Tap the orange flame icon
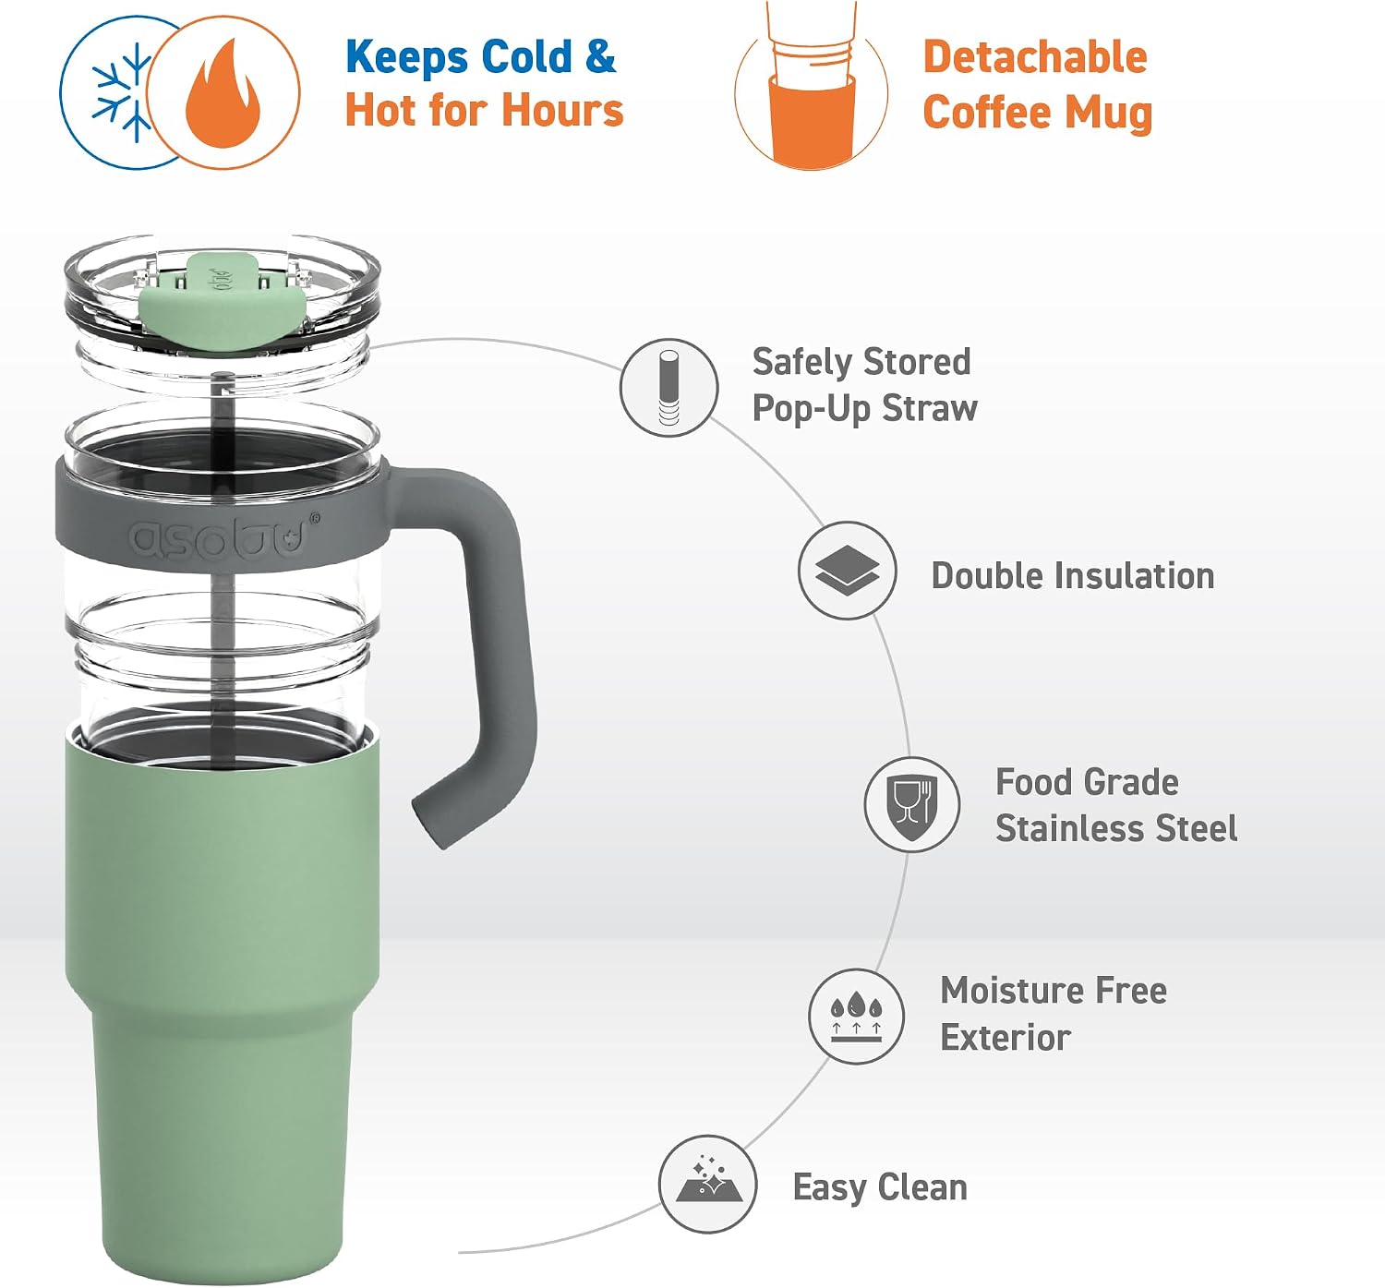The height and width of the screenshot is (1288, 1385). coord(223,93)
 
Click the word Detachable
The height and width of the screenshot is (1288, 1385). coord(1035,57)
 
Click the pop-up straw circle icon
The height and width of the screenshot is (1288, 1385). coord(668,388)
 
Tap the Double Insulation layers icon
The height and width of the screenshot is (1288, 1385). coord(847,571)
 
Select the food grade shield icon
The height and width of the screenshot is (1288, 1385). coord(911,804)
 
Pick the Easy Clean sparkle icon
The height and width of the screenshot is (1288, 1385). coord(707,1184)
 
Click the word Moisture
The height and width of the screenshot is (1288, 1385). coord(1012,990)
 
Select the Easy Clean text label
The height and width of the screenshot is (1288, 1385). coord(880,1186)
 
